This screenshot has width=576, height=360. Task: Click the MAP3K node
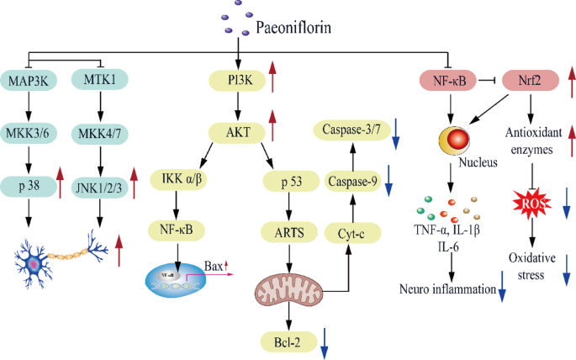point(29,81)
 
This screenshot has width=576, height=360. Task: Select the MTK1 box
point(99,79)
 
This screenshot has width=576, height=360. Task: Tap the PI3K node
point(237,81)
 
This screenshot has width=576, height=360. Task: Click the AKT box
point(237,133)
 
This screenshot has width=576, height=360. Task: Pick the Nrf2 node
point(531,80)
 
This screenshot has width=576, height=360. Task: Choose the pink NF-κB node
point(448,80)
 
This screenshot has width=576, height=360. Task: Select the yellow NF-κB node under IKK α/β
point(177,230)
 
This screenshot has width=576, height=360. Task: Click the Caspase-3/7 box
point(352,130)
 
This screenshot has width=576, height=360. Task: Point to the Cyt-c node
point(352,233)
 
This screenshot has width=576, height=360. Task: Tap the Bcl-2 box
point(288,342)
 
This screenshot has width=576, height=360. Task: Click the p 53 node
point(291,181)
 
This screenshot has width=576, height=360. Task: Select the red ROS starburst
point(531,203)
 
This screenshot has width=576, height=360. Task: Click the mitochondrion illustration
point(288,289)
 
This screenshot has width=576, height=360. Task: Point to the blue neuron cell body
point(34,264)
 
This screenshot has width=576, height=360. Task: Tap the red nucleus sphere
point(457,140)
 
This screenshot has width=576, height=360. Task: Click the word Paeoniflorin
point(293,28)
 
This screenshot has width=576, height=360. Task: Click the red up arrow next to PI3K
point(272,77)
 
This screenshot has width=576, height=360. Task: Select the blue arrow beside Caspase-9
point(388,181)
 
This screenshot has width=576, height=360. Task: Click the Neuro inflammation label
point(447,289)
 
